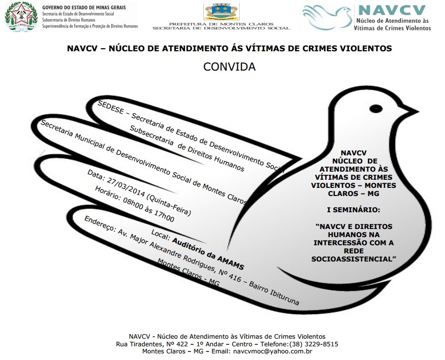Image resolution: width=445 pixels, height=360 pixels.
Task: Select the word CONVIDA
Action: tap(229, 67)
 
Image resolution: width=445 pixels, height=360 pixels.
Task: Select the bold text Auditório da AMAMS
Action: tap(208, 253)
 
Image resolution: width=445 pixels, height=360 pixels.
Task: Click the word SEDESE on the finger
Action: tap(111, 109)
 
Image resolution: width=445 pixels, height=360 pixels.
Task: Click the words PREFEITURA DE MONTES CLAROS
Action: tap(221, 24)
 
